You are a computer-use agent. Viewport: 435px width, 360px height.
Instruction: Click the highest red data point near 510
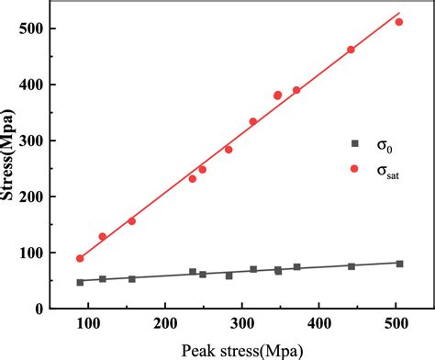click(x=399, y=22)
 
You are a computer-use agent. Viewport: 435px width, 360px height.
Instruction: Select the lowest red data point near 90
click(x=80, y=259)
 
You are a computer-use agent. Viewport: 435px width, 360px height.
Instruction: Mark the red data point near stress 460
click(x=351, y=50)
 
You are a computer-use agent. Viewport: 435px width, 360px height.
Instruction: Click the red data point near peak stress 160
click(x=132, y=221)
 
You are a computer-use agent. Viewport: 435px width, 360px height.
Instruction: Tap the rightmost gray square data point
click(x=399, y=264)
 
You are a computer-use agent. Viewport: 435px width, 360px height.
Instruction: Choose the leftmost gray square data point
click(x=80, y=282)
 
